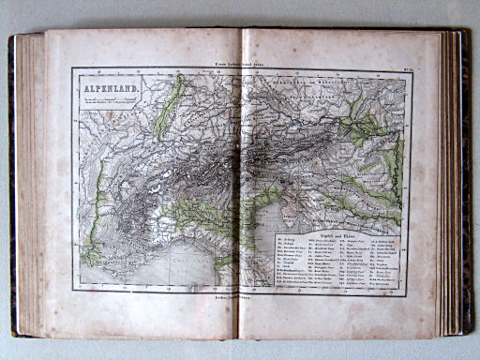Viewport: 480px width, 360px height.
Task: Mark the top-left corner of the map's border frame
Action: [x=72, y=68]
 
